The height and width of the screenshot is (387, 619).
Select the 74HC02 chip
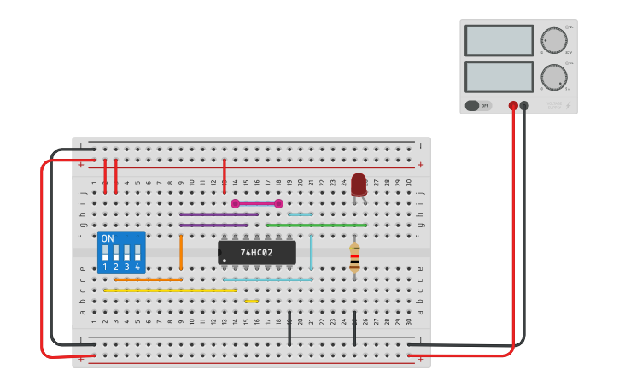tap(256, 252)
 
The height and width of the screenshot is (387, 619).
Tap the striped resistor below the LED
tap(354, 258)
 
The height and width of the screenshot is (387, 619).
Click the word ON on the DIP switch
tap(108, 238)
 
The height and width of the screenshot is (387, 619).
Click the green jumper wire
tap(316, 226)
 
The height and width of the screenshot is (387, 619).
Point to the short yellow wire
tap(251, 301)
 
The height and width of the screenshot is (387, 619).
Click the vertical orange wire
tap(181, 252)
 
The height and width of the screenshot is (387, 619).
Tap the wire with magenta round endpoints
tap(257, 203)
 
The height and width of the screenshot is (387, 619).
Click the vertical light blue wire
tap(311, 252)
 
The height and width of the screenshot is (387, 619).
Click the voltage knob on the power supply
tap(553, 40)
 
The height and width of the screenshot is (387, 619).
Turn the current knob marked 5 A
tap(553, 77)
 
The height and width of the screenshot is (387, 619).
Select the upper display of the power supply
tap(499, 40)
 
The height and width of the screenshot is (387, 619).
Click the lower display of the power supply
tap(499, 77)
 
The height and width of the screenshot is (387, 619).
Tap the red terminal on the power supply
tap(513, 106)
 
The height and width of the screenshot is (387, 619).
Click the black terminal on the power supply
tap(524, 106)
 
